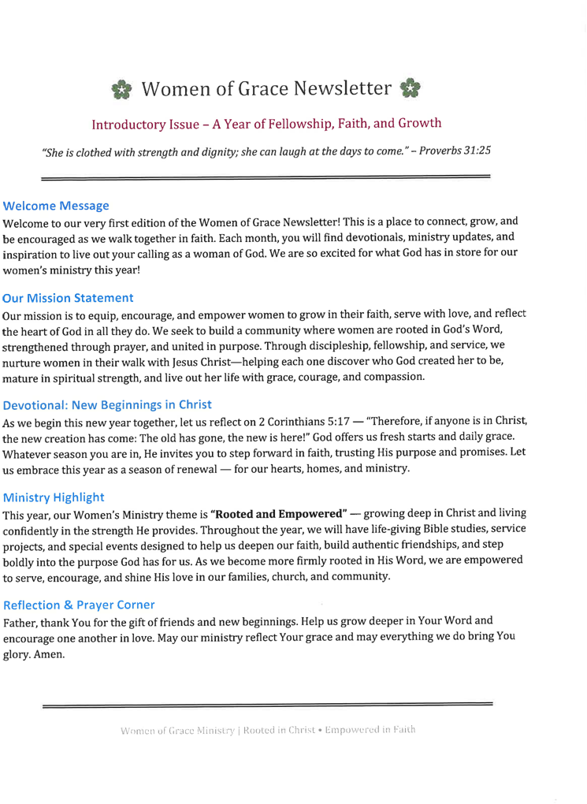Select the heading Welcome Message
pos(56,206)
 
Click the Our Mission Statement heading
pos(69,298)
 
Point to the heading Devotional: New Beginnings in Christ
pos(108,404)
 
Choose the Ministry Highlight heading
pos(54,497)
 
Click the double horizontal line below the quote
pos(266,178)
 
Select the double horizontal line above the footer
pos(266,702)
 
